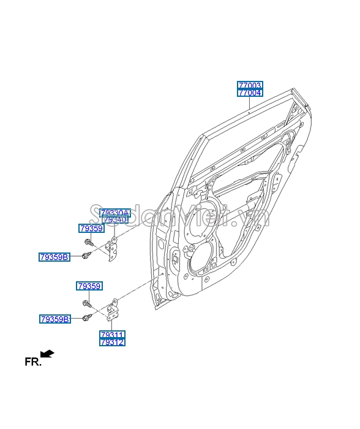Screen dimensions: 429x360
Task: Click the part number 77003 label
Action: coord(250,85)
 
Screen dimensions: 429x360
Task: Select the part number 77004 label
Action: coord(250,93)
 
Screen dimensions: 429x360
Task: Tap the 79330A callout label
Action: coord(115,212)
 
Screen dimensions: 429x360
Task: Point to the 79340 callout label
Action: coord(115,219)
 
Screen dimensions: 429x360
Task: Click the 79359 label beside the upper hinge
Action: coord(91,228)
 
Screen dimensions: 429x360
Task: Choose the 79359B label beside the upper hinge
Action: coord(55,257)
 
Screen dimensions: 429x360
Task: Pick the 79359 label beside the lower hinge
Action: coord(89,286)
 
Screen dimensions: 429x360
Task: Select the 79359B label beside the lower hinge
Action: coord(55,319)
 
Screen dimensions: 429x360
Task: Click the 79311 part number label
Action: coord(113,335)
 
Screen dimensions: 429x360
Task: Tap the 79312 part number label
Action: coord(113,343)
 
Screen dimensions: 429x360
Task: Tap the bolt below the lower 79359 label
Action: coord(87,303)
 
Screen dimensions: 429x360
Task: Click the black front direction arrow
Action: coord(47,354)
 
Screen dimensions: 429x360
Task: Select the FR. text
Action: coord(33,362)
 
